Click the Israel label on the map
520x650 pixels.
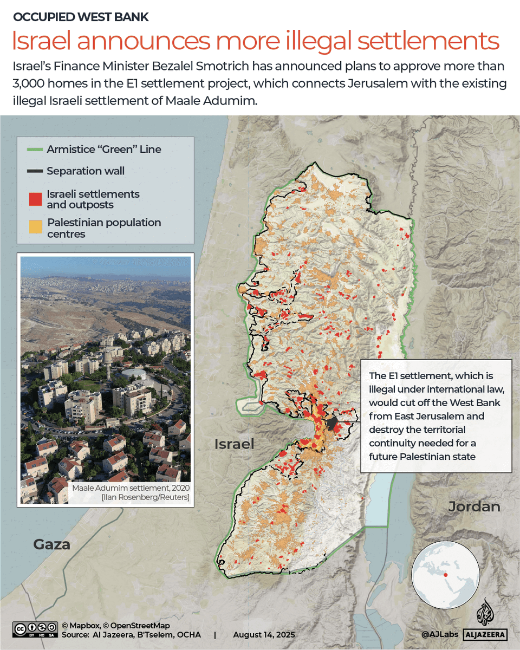234,444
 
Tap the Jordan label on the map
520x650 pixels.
474,506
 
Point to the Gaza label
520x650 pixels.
52,544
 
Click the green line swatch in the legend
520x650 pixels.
35,149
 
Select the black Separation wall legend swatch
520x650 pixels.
35,171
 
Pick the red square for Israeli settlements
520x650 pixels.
35,199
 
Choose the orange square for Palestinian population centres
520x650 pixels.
35,227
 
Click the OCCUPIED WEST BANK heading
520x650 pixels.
81,17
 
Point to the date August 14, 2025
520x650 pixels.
265,634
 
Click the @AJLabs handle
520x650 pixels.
439,634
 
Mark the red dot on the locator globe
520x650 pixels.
445,575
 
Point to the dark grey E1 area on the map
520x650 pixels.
331,423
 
